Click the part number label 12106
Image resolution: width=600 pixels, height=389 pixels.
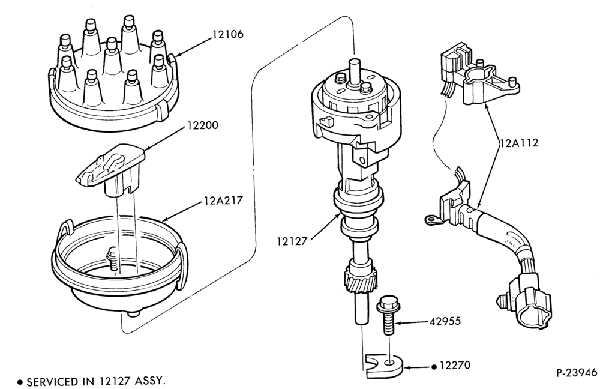[227, 34]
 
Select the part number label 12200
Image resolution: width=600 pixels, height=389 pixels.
[202, 125]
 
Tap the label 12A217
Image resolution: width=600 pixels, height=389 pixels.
[223, 201]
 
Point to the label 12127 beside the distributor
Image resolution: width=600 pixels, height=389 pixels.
[292, 241]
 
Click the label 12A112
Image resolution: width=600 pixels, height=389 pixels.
[519, 143]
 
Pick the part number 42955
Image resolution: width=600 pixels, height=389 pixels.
[445, 321]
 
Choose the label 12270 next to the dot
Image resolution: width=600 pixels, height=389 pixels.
[455, 365]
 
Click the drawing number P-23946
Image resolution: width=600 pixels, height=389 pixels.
[577, 373]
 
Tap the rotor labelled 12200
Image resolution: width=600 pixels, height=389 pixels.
[111, 169]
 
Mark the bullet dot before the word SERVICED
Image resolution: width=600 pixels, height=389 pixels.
[20, 382]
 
